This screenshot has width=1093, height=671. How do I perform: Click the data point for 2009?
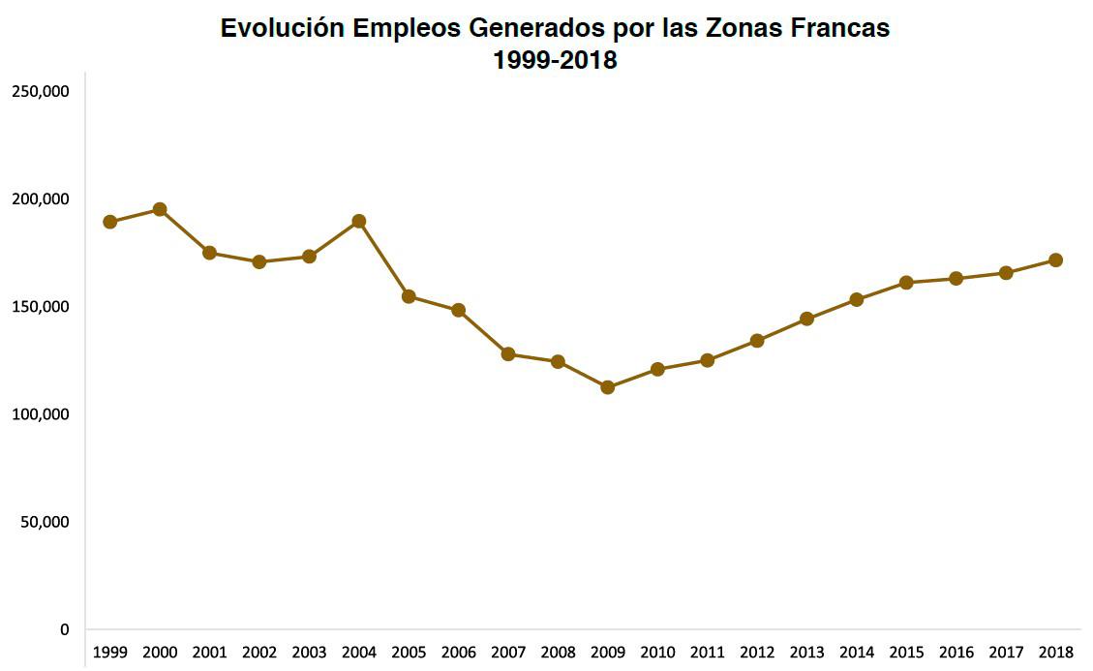608,387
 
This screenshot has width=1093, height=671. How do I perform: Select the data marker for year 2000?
160,209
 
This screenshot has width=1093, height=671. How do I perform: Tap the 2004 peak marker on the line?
359,221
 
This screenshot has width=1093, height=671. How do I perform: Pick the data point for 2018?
1056,259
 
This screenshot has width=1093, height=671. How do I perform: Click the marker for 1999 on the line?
110,222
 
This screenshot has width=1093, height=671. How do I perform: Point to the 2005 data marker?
409,296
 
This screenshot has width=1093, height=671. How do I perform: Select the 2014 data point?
857,299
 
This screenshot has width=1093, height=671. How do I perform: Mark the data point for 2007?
508,353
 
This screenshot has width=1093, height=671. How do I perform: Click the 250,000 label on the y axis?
40,91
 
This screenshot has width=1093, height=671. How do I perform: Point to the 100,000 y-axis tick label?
40,414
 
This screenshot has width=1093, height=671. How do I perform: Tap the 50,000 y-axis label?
44,522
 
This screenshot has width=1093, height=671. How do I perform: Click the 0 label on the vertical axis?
65,629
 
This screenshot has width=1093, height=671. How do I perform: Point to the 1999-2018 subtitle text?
555,59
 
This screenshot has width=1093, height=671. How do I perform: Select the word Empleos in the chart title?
407,28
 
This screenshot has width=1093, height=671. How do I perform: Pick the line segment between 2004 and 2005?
384,259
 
